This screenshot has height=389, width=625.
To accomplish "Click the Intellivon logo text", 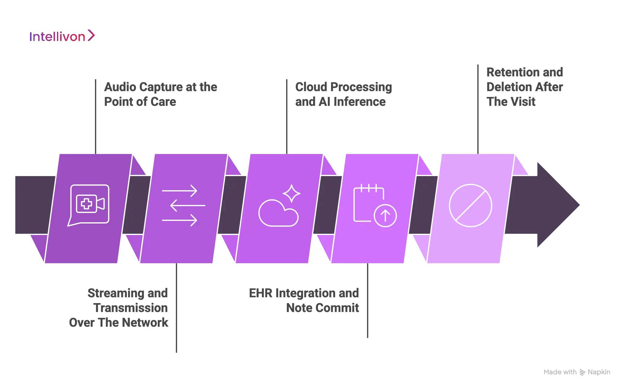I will tap(57, 37).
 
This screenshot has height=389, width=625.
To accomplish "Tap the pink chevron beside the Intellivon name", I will tap(91, 35).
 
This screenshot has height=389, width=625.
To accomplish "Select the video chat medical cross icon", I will tap(87, 204).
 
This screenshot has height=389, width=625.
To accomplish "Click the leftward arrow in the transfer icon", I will tap(187, 205).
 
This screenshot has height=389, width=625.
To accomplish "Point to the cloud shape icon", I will tap(278, 214).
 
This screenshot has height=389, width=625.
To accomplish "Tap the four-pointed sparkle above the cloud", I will tap(291, 193).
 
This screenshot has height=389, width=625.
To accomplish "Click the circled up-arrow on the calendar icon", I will tap(385, 216).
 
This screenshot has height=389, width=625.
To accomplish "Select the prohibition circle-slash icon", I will tap(470, 206).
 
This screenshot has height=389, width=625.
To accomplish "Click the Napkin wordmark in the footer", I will tap(599, 372).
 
